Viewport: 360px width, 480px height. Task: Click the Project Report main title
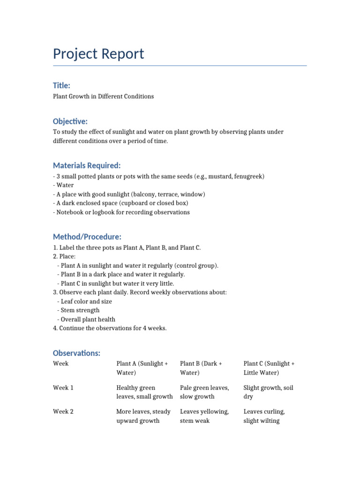click(98, 54)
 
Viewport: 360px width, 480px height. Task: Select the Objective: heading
click(70, 121)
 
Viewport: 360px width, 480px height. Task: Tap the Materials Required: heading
click(87, 165)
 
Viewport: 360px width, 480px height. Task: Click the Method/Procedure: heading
click(87, 237)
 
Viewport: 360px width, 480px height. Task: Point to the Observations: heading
click(76, 353)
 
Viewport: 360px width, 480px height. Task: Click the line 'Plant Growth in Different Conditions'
click(103, 96)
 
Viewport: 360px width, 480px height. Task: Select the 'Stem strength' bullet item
click(80, 310)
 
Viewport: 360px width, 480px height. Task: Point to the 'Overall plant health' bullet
click(88, 319)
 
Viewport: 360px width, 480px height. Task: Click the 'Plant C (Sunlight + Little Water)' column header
click(269, 368)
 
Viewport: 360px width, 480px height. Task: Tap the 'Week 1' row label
click(63, 388)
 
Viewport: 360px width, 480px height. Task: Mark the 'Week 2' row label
click(63, 412)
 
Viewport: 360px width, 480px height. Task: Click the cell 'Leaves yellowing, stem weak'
click(204, 416)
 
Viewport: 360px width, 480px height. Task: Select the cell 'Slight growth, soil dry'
click(268, 392)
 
